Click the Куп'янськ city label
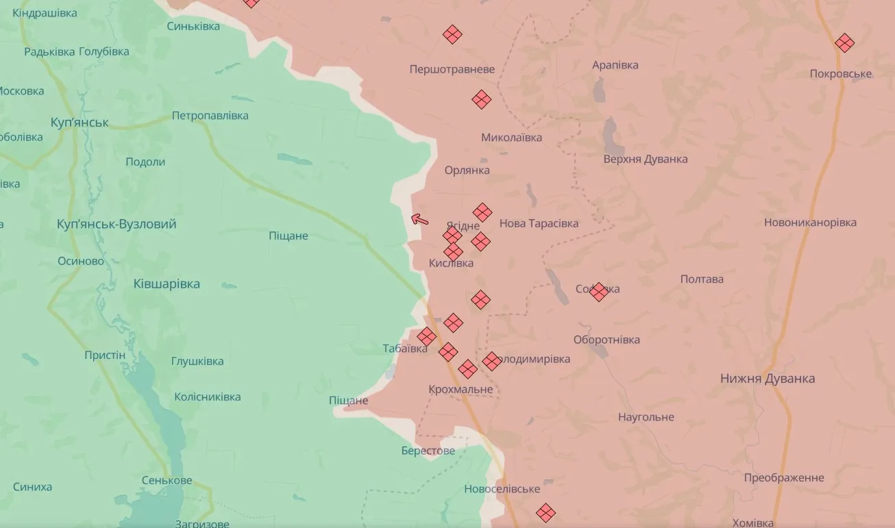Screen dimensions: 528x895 79,123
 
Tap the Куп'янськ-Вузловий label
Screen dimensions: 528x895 117,224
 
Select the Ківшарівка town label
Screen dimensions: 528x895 167,284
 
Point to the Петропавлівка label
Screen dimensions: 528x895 210,115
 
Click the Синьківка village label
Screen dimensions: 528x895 193,26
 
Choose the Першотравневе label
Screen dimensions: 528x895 452,69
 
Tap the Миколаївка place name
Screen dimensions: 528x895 511,138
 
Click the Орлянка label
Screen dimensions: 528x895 467,170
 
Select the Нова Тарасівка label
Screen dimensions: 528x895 539,223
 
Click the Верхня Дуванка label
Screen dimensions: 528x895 645,159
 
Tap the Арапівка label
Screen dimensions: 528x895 615,65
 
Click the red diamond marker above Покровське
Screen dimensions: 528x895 844,43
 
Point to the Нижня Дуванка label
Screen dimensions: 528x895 767,379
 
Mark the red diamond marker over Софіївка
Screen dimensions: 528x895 598,292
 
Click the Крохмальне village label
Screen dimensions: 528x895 460,389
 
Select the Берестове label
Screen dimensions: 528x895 428,451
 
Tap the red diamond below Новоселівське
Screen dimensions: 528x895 545,512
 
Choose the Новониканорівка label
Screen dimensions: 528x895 810,223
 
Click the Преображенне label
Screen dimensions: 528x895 783,477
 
